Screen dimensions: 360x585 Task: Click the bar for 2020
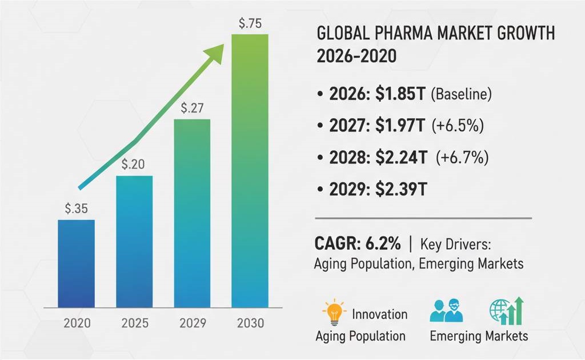click(x=76, y=263)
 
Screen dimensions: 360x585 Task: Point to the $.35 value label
click(x=76, y=209)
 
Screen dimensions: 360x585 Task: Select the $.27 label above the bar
click(x=192, y=107)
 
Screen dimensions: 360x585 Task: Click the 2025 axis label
click(x=135, y=323)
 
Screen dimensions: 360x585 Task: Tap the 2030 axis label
click(x=250, y=323)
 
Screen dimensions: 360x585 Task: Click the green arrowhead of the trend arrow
click(x=214, y=52)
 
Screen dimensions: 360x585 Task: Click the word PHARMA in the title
click(x=394, y=34)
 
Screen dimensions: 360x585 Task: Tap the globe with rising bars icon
click(x=506, y=311)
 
